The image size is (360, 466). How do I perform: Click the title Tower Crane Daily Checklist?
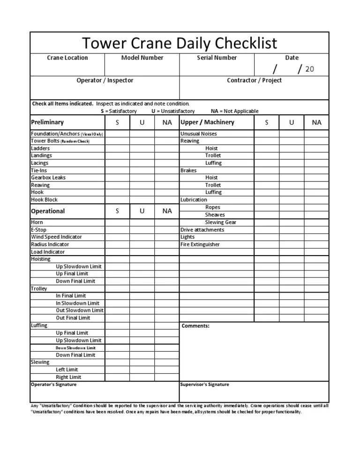tap(180, 43)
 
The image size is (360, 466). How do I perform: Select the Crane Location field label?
tap(67, 58)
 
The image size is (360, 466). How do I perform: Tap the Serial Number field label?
tap(217, 58)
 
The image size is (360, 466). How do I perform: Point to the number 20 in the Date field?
tap(309, 69)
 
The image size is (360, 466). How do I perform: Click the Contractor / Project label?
tap(254, 80)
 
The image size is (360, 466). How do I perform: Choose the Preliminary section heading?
tap(47, 122)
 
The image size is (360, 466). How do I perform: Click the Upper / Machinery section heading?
tap(207, 122)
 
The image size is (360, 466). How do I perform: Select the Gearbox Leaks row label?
tap(48, 178)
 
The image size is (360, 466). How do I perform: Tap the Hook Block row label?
tap(44, 200)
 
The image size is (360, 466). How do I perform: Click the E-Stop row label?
tap(39, 229)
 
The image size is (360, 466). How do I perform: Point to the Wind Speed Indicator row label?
tap(56, 237)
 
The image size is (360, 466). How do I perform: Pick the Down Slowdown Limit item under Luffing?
tap(75, 348)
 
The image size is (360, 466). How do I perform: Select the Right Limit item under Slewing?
tap(68, 377)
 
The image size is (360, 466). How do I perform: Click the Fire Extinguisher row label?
tap(200, 244)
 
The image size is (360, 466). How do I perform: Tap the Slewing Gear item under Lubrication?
tap(220, 222)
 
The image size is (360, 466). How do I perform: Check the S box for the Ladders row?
tap(117, 148)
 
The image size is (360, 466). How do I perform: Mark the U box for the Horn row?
tap(142, 222)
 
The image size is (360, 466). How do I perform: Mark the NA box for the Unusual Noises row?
tap(317, 134)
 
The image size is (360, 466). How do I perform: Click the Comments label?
tap(195, 326)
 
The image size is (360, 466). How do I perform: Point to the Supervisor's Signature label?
tap(204, 384)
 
